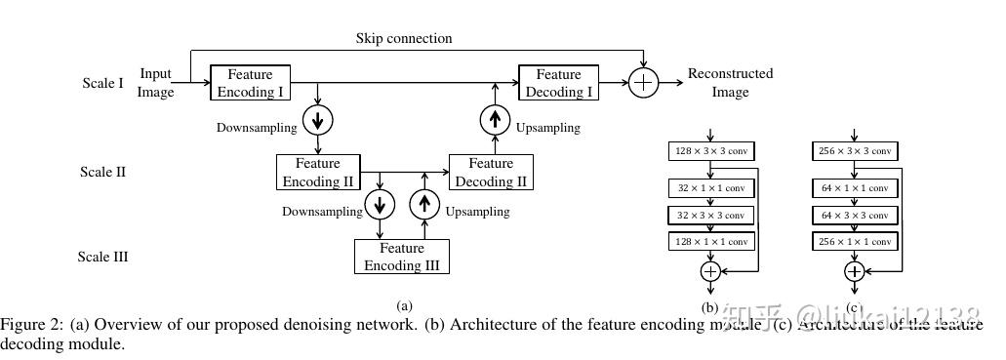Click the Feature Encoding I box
[x=251, y=83]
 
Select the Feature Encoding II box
[x=318, y=172]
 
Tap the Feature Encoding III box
[x=401, y=257]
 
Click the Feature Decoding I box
[x=558, y=83]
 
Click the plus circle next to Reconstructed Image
[x=642, y=83]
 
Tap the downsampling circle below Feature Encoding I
[x=318, y=119]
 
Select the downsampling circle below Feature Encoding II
[x=379, y=204]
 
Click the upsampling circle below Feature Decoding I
[x=496, y=119]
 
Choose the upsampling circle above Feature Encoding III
[x=424, y=204]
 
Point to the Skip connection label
[x=404, y=38]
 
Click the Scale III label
[x=103, y=258]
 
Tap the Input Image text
[x=156, y=83]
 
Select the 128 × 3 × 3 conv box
[x=710, y=151]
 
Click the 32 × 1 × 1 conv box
[x=710, y=188]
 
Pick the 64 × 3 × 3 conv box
[x=854, y=215]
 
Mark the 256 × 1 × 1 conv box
[x=854, y=241]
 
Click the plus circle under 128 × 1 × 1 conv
[x=710, y=271]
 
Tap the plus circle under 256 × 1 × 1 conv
[x=854, y=271]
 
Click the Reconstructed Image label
[x=730, y=83]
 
